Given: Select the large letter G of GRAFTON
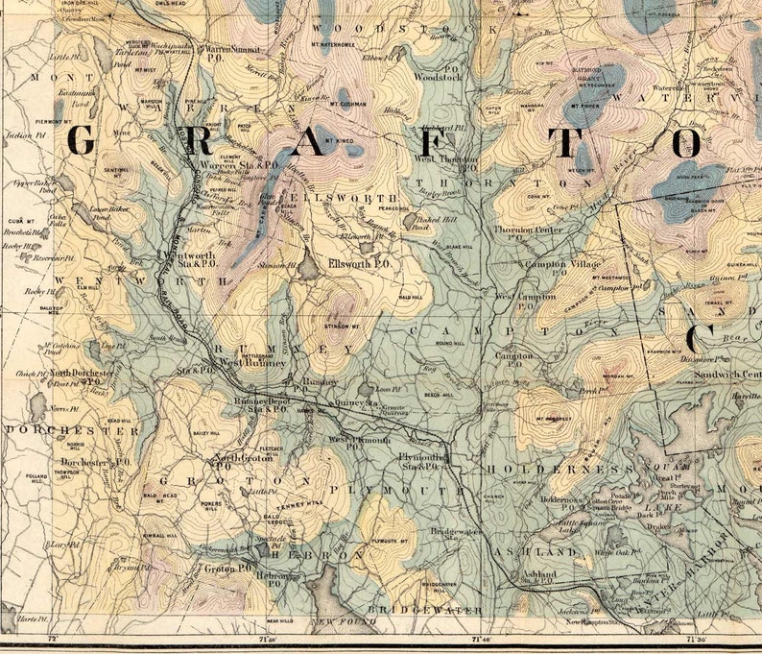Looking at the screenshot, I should point(83,142).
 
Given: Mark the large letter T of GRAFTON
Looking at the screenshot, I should point(577,143).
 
